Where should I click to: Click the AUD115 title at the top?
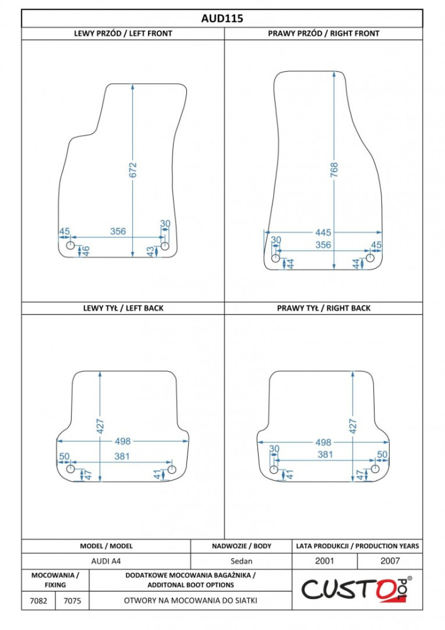coord(222,18)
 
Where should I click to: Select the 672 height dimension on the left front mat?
coord(133,170)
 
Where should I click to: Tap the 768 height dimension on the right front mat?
coord(334,170)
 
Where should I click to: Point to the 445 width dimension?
coord(323,232)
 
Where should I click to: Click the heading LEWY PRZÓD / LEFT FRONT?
coord(123,34)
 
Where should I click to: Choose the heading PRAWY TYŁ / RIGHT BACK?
coord(324,308)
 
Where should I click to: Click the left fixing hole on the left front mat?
coord(70,246)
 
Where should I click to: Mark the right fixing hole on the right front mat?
coord(370,258)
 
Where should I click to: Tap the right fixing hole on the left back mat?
coord(171,469)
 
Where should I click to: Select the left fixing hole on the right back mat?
coord(274,469)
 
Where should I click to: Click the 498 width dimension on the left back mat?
coord(123,441)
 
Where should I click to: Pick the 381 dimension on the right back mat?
coord(325,454)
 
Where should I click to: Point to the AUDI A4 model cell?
coord(106,561)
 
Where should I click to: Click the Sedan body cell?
coord(241,561)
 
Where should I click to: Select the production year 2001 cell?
coord(324,561)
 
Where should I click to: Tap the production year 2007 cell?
coord(390,561)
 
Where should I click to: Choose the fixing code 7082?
coord(38,600)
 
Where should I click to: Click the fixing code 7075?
coord(72,600)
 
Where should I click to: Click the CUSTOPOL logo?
coord(357,590)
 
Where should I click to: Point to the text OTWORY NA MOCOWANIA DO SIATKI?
coord(191,600)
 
